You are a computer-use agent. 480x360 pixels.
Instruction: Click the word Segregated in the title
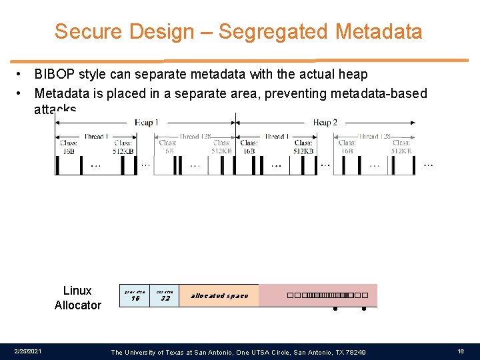click(x=274, y=31)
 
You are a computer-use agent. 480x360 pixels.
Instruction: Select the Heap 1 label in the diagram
click(x=146, y=122)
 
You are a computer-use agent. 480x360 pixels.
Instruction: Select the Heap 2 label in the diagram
click(x=325, y=122)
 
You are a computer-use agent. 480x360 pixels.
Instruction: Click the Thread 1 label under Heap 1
click(x=96, y=137)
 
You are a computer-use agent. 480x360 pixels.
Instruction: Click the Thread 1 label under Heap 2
click(x=275, y=137)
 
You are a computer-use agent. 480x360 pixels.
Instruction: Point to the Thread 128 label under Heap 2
click(x=377, y=137)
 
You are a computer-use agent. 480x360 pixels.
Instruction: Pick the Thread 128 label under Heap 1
click(x=199, y=137)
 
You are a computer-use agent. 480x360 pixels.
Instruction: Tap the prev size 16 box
click(x=135, y=295)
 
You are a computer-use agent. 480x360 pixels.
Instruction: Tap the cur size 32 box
click(x=165, y=295)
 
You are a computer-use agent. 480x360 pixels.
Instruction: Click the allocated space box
click(x=219, y=295)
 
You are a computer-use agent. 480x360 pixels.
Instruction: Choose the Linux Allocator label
click(x=77, y=298)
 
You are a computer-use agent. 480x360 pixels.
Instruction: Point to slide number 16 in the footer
click(x=461, y=351)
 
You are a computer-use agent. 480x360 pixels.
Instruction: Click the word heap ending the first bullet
click(x=354, y=74)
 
